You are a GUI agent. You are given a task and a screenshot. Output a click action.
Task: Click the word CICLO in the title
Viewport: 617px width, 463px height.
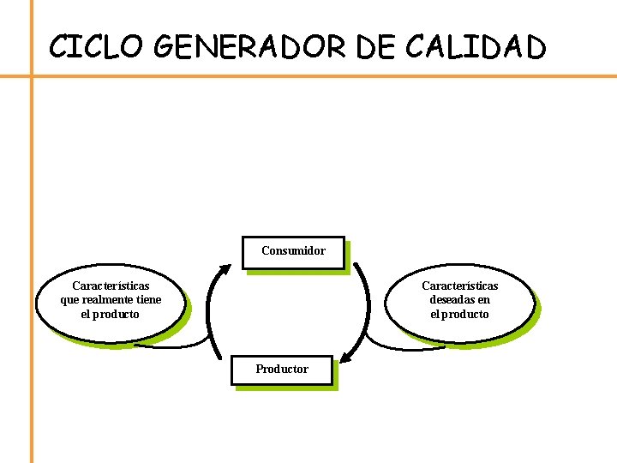pos(93,46)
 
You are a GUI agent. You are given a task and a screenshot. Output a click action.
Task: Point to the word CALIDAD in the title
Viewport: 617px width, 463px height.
pos(475,46)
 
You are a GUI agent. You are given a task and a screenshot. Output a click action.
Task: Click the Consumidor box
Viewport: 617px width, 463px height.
pos(293,252)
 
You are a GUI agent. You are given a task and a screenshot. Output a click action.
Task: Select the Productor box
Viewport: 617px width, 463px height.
pos(282,370)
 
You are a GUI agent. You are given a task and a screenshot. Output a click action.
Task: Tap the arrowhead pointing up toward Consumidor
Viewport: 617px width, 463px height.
pos(225,269)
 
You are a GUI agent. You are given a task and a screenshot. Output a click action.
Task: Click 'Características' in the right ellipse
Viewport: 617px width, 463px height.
pos(460,286)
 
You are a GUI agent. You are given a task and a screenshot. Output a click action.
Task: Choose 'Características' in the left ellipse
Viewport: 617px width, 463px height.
pos(111,286)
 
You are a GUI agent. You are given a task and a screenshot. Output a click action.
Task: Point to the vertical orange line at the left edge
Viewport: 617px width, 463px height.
pos(32,257)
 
